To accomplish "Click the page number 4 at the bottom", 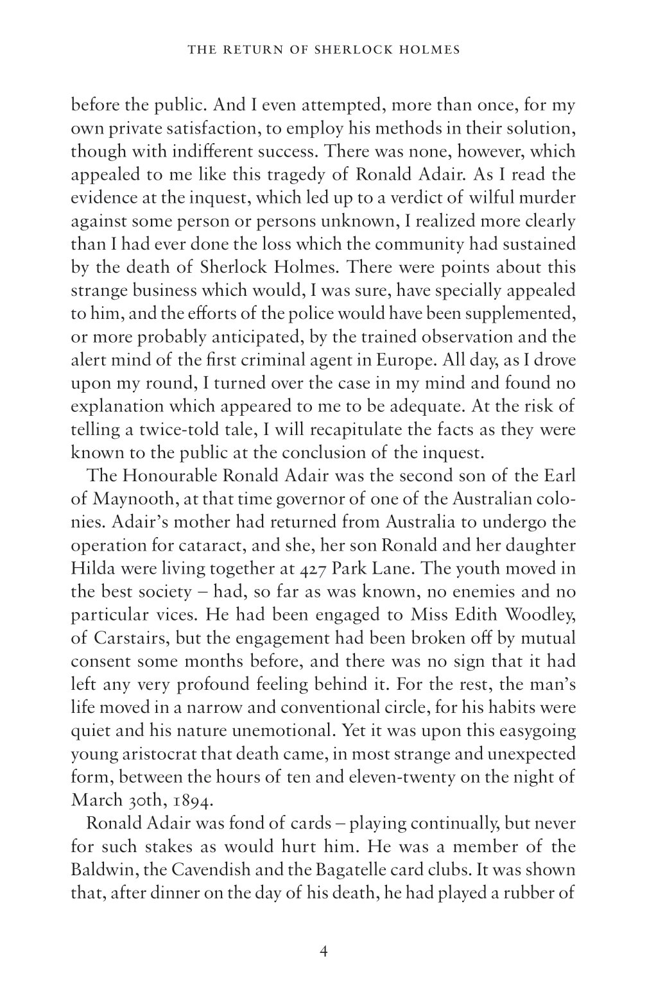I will pos(323,951).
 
